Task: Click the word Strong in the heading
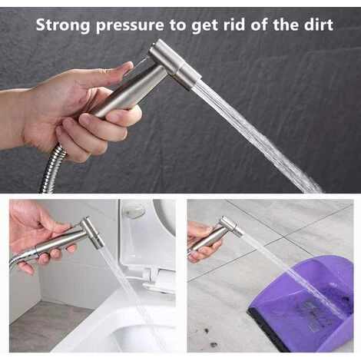coord(64,25)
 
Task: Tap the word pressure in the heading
coord(131,25)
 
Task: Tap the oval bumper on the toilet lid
coord(135,211)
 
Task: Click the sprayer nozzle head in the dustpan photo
coord(231,227)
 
